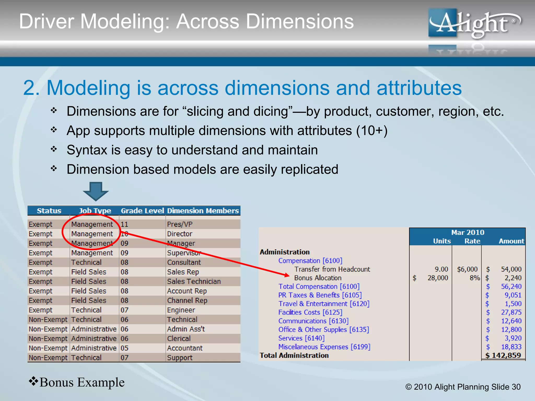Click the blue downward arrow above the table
click(96, 191)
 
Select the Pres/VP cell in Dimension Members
click(180, 224)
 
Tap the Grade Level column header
click(142, 211)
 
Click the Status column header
click(49, 211)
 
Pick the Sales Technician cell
click(194, 281)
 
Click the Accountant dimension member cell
click(185, 348)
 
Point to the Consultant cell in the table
click(184, 262)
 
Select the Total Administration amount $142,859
click(503, 355)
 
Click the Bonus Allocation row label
click(318, 278)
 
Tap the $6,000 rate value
click(467, 269)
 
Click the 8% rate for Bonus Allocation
click(474, 278)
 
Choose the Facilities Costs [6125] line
click(310, 312)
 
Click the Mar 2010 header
click(468, 232)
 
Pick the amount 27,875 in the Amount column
click(511, 312)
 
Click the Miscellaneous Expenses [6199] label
click(324, 347)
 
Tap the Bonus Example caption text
click(82, 382)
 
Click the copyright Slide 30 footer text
click(463, 387)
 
